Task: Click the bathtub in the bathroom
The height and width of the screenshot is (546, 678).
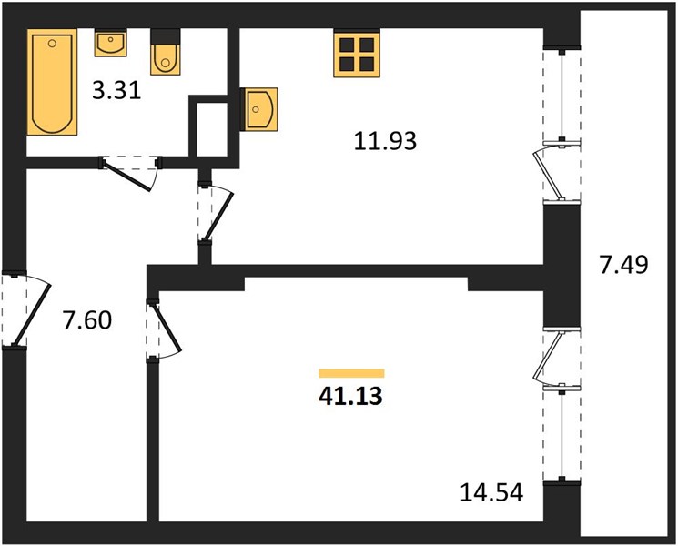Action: click(52, 82)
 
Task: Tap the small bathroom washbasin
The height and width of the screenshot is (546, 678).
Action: click(111, 43)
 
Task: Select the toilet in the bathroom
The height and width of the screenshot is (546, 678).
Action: click(165, 52)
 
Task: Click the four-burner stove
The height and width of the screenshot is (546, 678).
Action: click(357, 53)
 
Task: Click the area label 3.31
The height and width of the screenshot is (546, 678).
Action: click(116, 91)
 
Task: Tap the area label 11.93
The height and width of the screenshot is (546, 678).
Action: click(385, 141)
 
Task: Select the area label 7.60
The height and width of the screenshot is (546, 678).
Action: click(87, 320)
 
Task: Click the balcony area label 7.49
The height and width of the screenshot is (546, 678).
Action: click(623, 265)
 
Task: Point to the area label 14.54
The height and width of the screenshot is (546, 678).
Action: click(491, 492)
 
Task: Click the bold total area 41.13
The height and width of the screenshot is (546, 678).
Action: click(350, 396)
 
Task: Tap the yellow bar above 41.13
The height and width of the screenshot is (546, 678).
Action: click(351, 373)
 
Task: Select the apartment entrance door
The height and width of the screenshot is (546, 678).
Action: click(26, 309)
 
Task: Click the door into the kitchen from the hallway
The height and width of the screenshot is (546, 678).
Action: click(216, 214)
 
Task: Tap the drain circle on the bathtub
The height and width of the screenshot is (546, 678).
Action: click(52, 44)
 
